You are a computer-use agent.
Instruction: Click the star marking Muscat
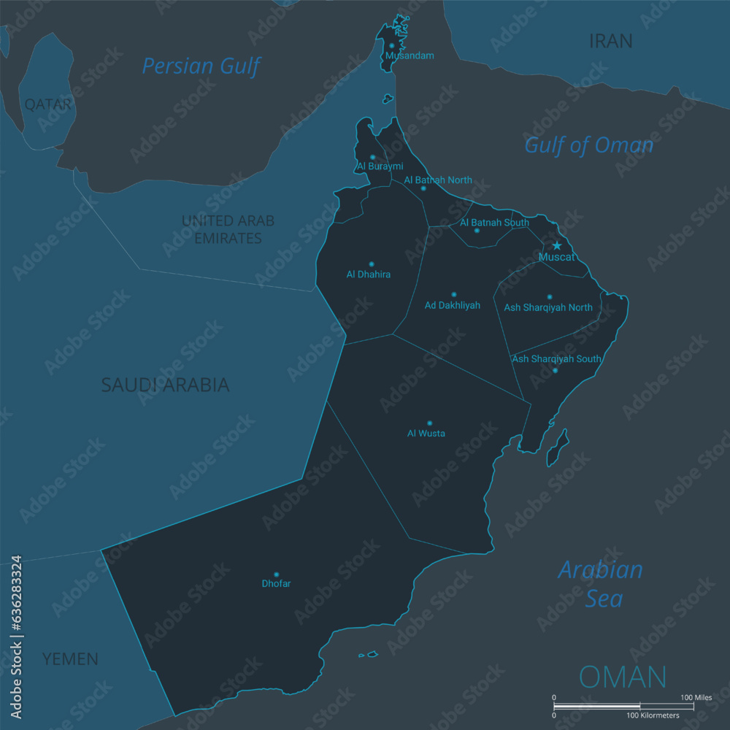coord(557,246)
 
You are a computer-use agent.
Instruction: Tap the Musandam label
coord(410,55)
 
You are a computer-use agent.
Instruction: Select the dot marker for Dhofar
coord(276,575)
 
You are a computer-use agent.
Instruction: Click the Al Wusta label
coord(426,434)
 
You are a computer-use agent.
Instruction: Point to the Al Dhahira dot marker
coord(371,264)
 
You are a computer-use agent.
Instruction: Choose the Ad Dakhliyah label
coord(453,305)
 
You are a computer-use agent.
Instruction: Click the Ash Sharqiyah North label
coord(548,307)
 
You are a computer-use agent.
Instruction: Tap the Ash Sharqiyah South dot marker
coord(555,370)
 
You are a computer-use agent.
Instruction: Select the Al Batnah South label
coord(494,223)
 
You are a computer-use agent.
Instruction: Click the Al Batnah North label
coord(438,180)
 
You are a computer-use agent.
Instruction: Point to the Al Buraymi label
coord(380,166)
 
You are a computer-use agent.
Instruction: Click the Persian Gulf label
coord(201,66)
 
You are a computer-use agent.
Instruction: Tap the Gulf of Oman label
coord(588,145)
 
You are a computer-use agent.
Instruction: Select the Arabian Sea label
coord(601,584)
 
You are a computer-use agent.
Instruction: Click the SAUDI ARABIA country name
coord(165,385)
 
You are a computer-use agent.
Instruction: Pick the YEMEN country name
coord(70,659)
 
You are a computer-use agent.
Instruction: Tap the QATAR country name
coord(48,104)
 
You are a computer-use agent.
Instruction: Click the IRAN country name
coord(610,42)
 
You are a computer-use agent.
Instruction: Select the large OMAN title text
coord(623,677)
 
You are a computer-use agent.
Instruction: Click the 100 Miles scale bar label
coord(696,698)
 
